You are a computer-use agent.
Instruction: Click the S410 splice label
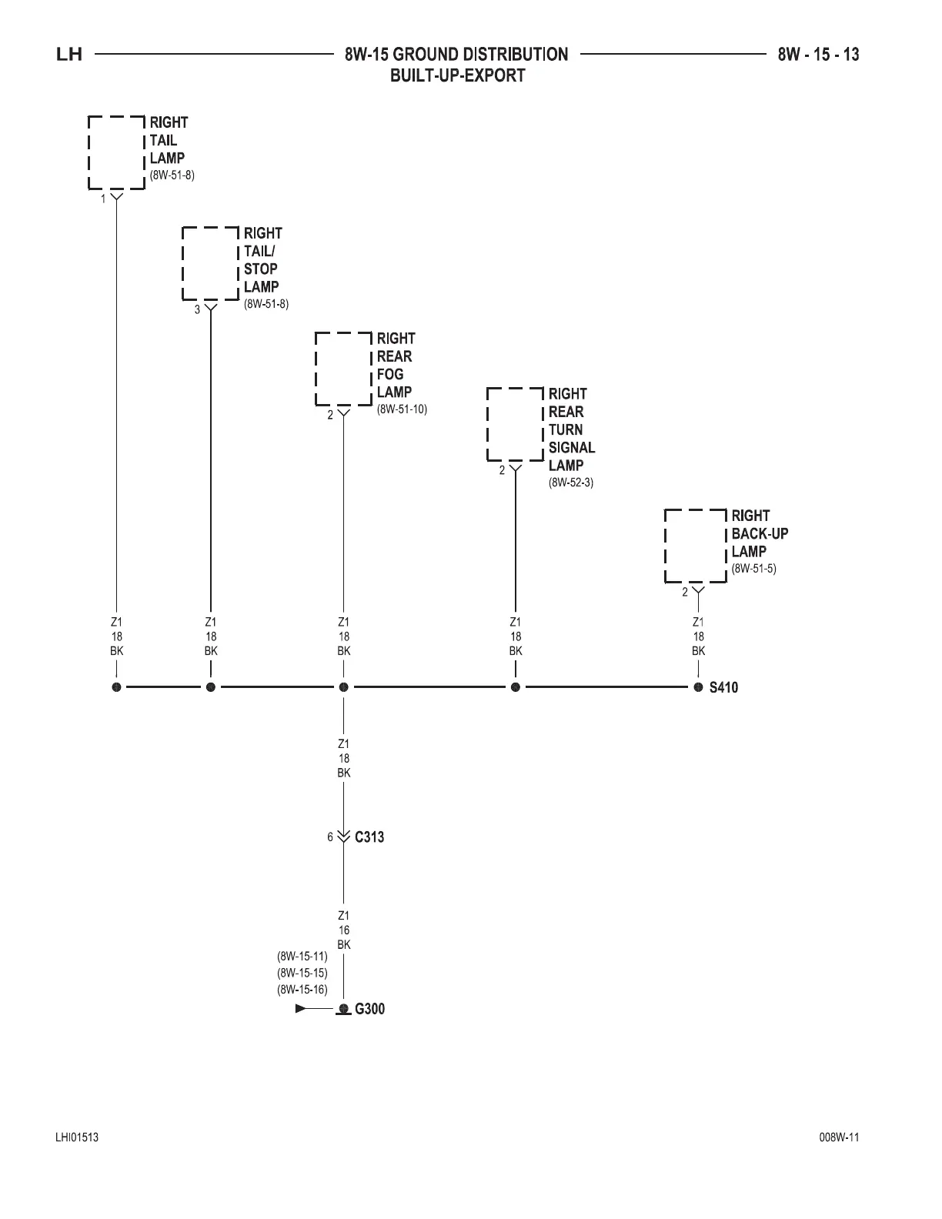click(723, 687)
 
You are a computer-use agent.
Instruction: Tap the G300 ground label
click(369, 1009)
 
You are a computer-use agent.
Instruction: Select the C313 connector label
click(369, 837)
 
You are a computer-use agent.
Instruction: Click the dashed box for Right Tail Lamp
click(116, 152)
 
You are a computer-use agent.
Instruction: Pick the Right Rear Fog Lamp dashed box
click(343, 369)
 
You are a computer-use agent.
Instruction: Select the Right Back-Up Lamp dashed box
click(696, 546)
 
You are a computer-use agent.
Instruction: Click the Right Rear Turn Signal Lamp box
click(515, 424)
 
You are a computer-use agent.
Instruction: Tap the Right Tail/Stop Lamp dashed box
click(210, 263)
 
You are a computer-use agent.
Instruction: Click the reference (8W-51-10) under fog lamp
click(402, 409)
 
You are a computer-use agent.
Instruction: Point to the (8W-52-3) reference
click(571, 483)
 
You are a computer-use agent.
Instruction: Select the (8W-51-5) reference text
click(754, 569)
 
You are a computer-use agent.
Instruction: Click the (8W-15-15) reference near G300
click(302, 974)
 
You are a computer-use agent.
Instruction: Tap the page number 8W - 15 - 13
click(818, 55)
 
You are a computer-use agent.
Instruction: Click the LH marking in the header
click(69, 55)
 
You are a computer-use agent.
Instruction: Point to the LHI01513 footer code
click(76, 1137)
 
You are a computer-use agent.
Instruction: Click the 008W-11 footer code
click(839, 1137)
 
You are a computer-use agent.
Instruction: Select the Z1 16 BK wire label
click(344, 930)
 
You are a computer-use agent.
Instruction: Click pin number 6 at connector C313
click(330, 837)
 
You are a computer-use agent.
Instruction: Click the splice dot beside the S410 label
click(698, 687)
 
